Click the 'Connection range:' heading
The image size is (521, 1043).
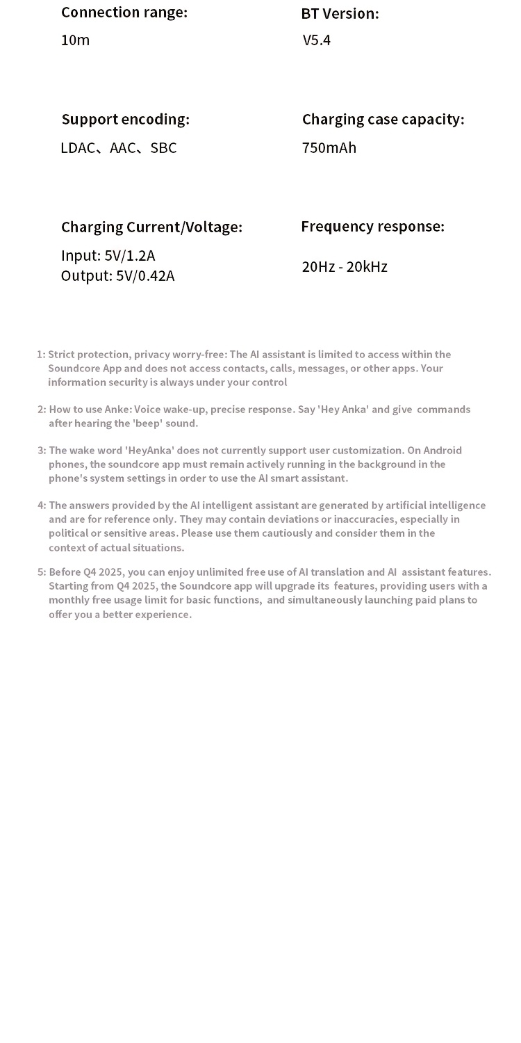(124, 13)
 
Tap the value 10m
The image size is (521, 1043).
(75, 40)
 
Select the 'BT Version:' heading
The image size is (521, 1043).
(340, 14)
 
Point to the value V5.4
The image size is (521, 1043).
(317, 40)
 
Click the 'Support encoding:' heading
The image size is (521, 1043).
(125, 120)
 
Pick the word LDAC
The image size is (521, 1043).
(77, 148)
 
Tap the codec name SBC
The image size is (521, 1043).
(163, 148)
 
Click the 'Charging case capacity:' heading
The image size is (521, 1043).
(383, 120)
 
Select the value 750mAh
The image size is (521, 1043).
(329, 148)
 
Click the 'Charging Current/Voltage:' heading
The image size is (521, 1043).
(151, 227)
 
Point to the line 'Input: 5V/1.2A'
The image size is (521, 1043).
(108, 256)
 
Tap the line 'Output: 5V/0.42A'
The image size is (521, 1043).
(117, 276)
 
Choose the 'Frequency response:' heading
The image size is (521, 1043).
(372, 227)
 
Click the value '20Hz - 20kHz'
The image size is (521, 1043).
(345, 267)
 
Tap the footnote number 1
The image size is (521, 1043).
(40, 355)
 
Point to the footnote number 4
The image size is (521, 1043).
(40, 506)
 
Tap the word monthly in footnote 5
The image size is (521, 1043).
(69, 600)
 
